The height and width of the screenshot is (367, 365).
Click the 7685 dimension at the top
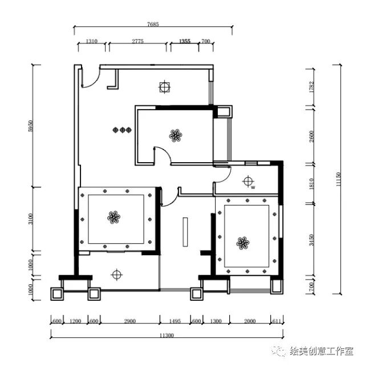coord(152,24)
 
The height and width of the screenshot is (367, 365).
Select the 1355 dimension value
coord(184,42)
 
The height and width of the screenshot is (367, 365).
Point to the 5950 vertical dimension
coord(31,126)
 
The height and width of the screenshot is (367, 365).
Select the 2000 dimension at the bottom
coord(250,321)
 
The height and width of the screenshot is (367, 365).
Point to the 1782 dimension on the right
coord(312,87)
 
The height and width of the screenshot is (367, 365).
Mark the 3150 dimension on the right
coord(312,240)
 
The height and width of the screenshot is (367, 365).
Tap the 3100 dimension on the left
coord(31,219)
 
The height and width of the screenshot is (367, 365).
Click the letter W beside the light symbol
coord(253,187)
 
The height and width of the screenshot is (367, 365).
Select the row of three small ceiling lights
coord(122,130)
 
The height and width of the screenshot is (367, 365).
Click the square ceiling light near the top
coord(164,87)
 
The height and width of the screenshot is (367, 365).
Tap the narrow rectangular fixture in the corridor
coord(185,232)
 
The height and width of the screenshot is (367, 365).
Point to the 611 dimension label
coord(277,321)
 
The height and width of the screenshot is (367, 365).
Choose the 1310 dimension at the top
coord(92,42)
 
